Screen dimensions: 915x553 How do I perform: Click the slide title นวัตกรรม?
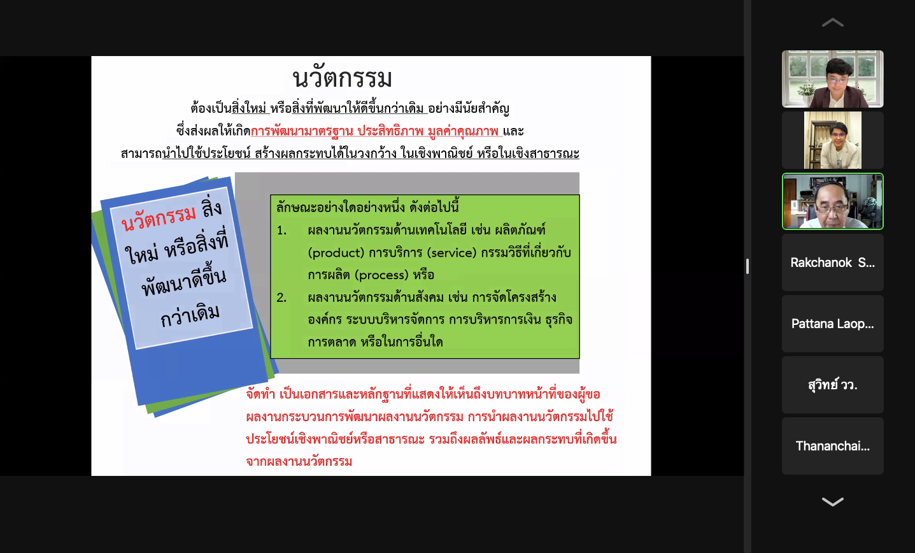pyautogui.click(x=343, y=77)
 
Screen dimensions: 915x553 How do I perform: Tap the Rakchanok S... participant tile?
pyautogui.click(x=832, y=262)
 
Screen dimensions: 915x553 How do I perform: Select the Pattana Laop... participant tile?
pyautogui.click(x=832, y=324)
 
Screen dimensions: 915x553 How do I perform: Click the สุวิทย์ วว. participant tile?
pyautogui.click(x=832, y=385)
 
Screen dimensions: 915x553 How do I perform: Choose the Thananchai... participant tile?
pyautogui.click(x=832, y=446)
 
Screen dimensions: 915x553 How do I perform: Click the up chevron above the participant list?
pyautogui.click(x=832, y=22)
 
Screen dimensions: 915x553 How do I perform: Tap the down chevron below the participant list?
pyautogui.click(x=832, y=501)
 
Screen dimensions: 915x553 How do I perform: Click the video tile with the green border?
pyautogui.click(x=832, y=201)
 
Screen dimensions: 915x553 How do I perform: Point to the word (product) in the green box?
pyautogui.click(x=336, y=253)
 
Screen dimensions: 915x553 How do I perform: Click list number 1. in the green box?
pyautogui.click(x=281, y=231)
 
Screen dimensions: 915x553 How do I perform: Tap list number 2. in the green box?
pyautogui.click(x=281, y=298)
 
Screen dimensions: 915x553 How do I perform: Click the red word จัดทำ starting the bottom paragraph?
pyautogui.click(x=260, y=394)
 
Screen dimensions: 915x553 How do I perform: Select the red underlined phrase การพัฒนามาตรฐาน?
pyautogui.click(x=302, y=131)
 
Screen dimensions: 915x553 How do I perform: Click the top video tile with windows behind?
pyautogui.click(x=832, y=79)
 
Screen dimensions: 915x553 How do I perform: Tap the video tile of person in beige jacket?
pyautogui.click(x=832, y=140)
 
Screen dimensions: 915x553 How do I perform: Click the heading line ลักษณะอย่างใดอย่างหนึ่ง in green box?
pyautogui.click(x=367, y=207)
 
